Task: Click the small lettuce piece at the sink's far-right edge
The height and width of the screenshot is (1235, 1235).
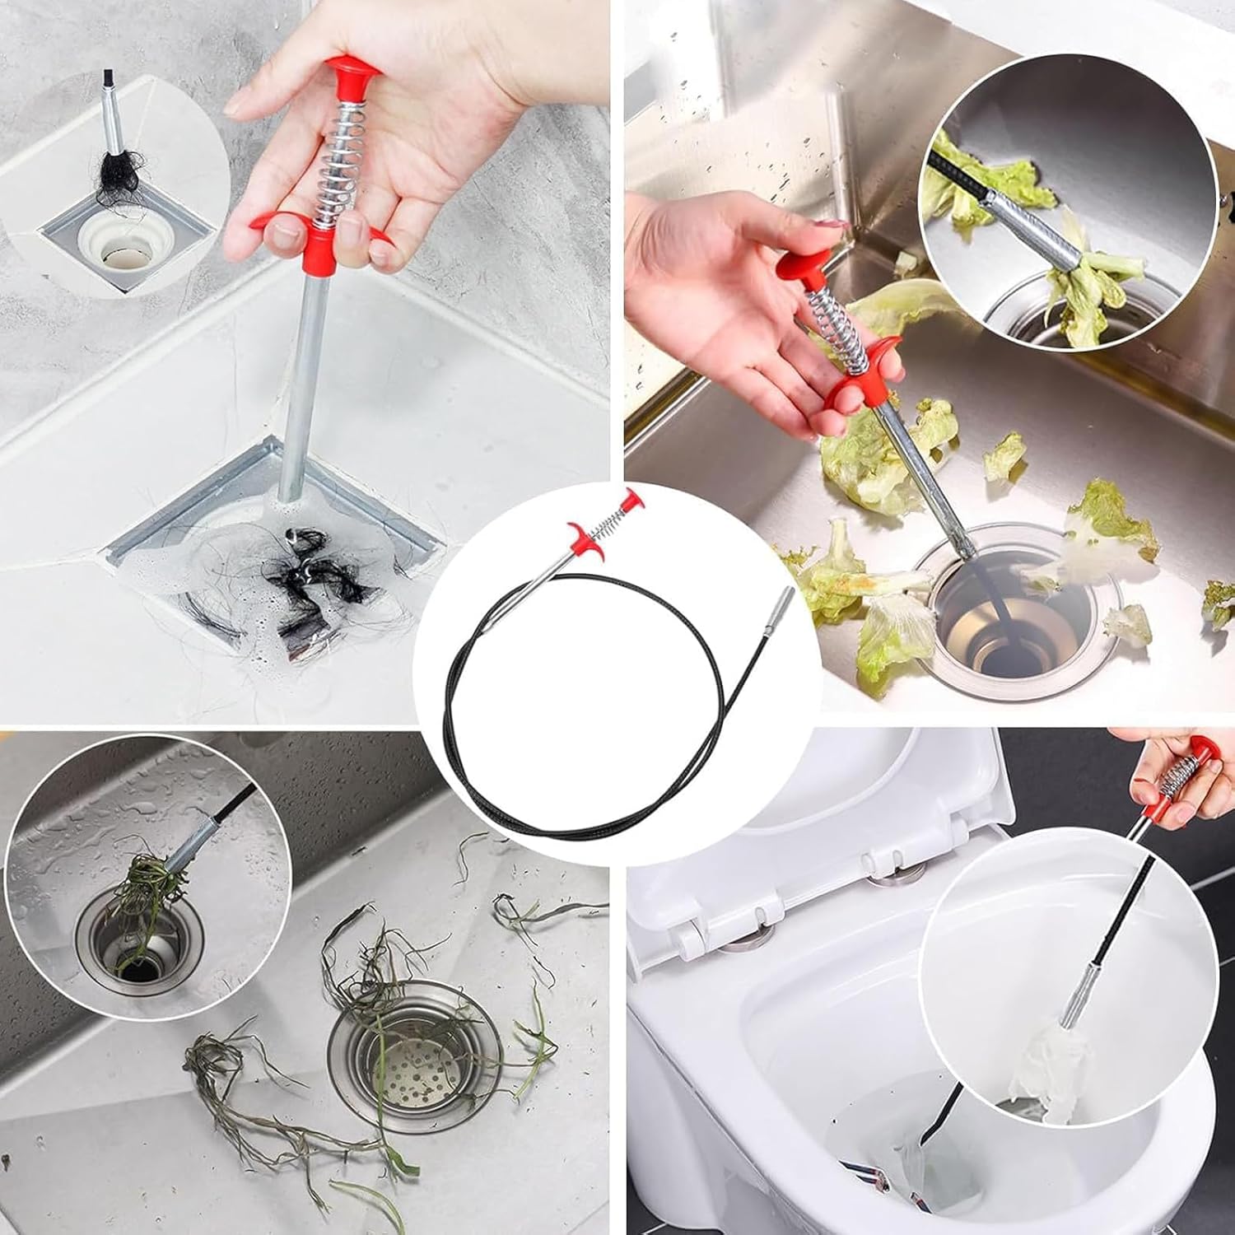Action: coord(1219,602)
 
